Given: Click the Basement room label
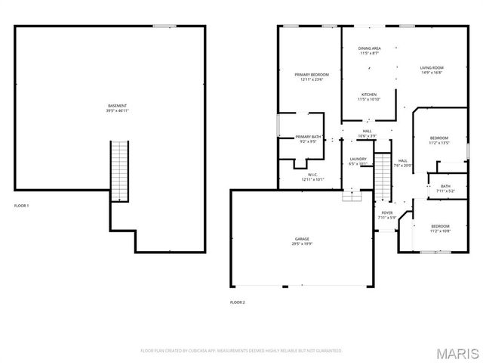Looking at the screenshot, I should pos(117,107).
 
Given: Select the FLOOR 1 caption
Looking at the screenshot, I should pos(22,205).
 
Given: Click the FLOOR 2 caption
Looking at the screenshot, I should pos(238,302).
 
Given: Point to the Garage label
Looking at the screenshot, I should pos(302,241).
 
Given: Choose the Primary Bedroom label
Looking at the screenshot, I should pos(312,76).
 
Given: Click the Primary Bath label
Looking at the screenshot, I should pos(308,138).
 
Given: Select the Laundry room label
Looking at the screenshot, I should pos(358,161).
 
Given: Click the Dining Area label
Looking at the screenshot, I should pos(369,51).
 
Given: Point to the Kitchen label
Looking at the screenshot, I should pos(369,97).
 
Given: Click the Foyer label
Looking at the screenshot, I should pos(387,216).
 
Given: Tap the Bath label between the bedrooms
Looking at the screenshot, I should pos(445,188).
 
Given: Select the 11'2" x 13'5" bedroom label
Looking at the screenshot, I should pos(439,140).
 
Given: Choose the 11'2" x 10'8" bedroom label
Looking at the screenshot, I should pos(440,228).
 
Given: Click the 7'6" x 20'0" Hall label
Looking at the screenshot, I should pos(403,163).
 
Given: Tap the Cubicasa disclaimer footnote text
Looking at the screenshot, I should pos(241,351).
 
